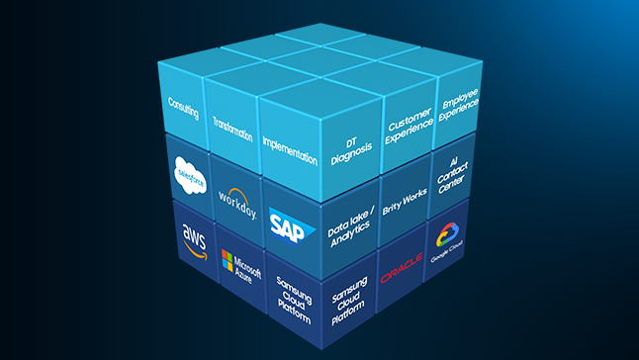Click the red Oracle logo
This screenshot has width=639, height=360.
(402, 261)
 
